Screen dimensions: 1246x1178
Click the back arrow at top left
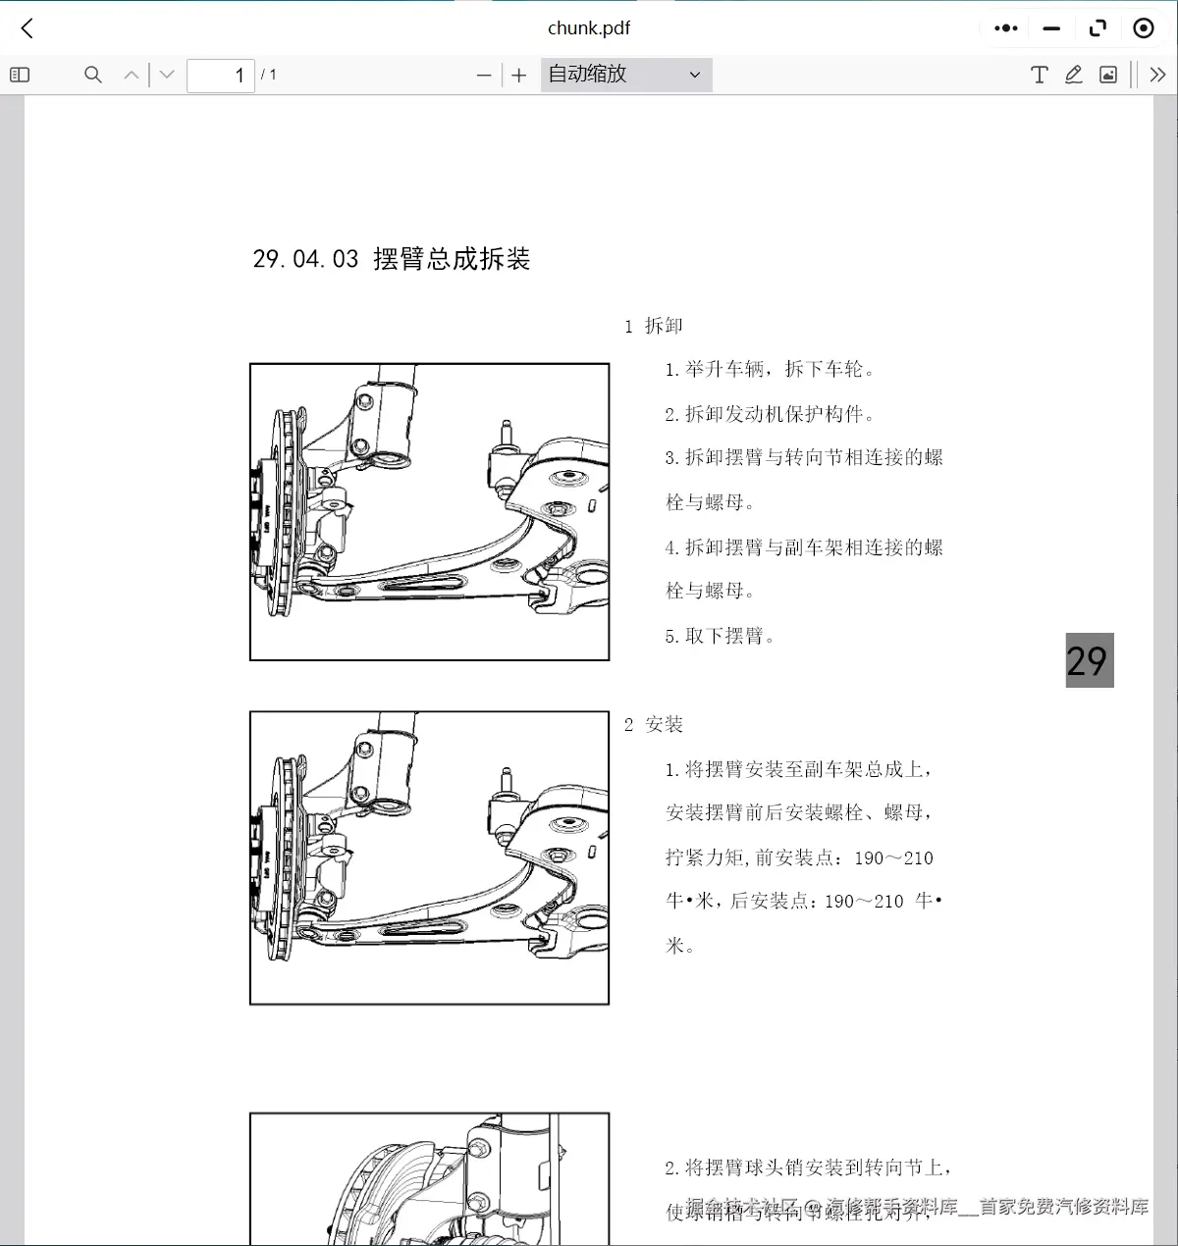(x=27, y=28)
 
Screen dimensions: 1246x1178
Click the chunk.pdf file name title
(x=588, y=28)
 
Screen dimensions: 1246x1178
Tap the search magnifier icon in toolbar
(x=93, y=75)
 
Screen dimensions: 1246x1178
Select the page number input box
(x=221, y=75)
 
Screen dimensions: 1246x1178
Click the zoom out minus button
(x=483, y=75)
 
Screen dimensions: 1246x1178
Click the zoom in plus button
(x=519, y=75)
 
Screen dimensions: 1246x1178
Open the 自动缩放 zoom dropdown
(x=625, y=75)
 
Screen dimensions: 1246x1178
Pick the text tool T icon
(x=1039, y=75)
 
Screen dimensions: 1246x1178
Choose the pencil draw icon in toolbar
(x=1073, y=75)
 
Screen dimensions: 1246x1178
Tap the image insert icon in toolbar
(x=1108, y=75)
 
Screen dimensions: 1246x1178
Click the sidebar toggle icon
(x=20, y=75)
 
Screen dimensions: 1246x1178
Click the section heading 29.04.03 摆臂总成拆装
(x=392, y=259)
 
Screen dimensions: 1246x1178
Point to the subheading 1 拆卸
(x=654, y=326)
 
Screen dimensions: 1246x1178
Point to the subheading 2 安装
(x=654, y=725)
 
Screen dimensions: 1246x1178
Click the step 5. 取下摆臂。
(x=720, y=636)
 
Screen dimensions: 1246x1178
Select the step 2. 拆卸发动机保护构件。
(x=770, y=414)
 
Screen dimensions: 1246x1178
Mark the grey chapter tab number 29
(x=1089, y=660)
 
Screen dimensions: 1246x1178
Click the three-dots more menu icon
(x=1006, y=28)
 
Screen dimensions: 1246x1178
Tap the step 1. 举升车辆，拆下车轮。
(x=770, y=369)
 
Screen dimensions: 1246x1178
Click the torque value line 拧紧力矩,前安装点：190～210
(x=799, y=857)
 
